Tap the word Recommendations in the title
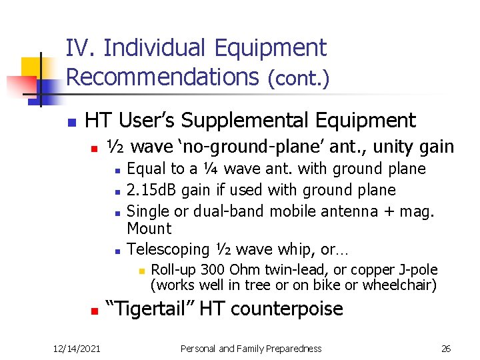click(x=162, y=77)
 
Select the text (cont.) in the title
click(x=298, y=78)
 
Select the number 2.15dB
click(x=151, y=190)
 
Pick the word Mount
click(x=149, y=229)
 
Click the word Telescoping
click(x=168, y=249)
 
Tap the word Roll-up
click(x=172, y=270)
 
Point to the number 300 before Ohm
click(x=213, y=270)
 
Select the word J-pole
click(x=417, y=270)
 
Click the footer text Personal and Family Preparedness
click(x=251, y=348)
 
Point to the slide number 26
click(x=446, y=348)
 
